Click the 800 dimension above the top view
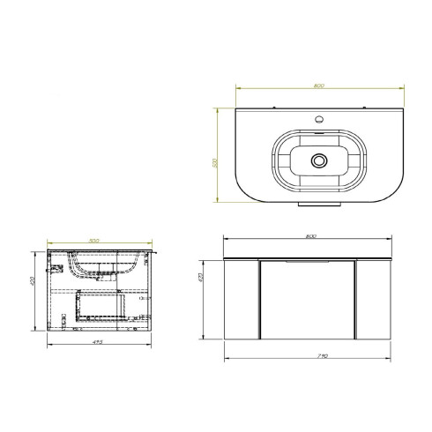click(318, 86)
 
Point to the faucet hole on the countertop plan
click(318, 117)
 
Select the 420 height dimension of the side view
click(34, 283)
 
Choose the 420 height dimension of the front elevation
click(201, 279)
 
